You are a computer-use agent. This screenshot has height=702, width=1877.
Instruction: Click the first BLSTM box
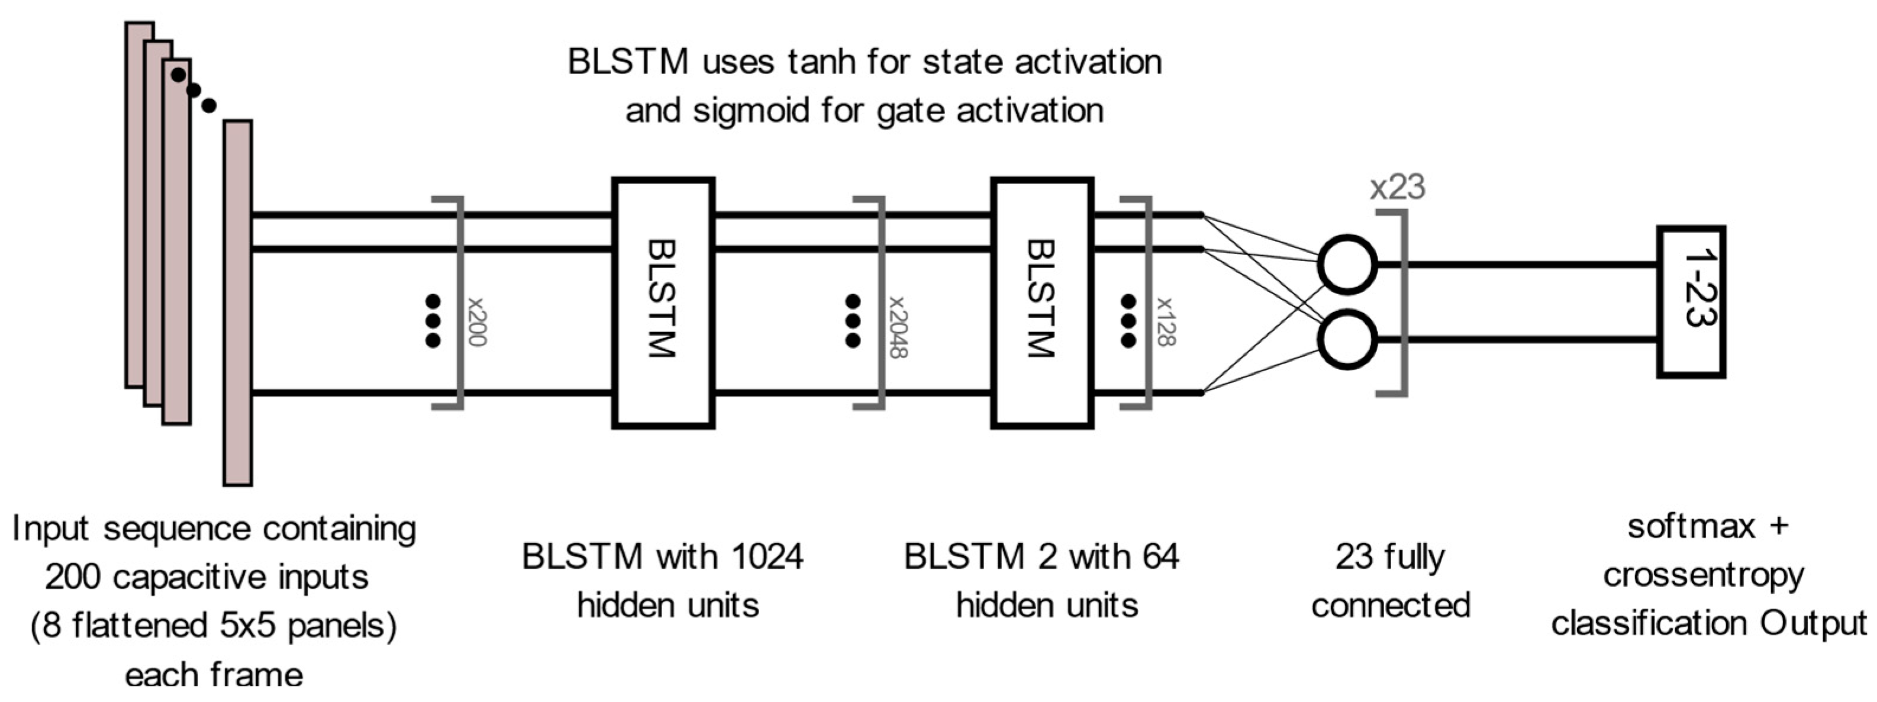(662, 302)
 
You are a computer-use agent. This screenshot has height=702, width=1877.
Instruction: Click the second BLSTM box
(1042, 302)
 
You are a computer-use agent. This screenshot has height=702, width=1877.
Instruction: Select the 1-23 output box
(1691, 302)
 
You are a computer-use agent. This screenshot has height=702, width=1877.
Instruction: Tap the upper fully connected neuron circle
(1347, 265)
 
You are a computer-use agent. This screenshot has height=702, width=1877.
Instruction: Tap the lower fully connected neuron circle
(1347, 340)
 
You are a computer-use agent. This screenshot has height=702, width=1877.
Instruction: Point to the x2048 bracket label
(897, 326)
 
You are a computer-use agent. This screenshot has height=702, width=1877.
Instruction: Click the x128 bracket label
(1165, 321)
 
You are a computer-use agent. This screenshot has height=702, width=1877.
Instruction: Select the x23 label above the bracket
(1397, 188)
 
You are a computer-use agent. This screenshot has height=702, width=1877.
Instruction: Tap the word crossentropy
(1703, 576)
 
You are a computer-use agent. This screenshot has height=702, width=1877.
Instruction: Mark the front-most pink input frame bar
(237, 302)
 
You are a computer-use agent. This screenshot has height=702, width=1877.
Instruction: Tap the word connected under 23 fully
(1390, 606)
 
